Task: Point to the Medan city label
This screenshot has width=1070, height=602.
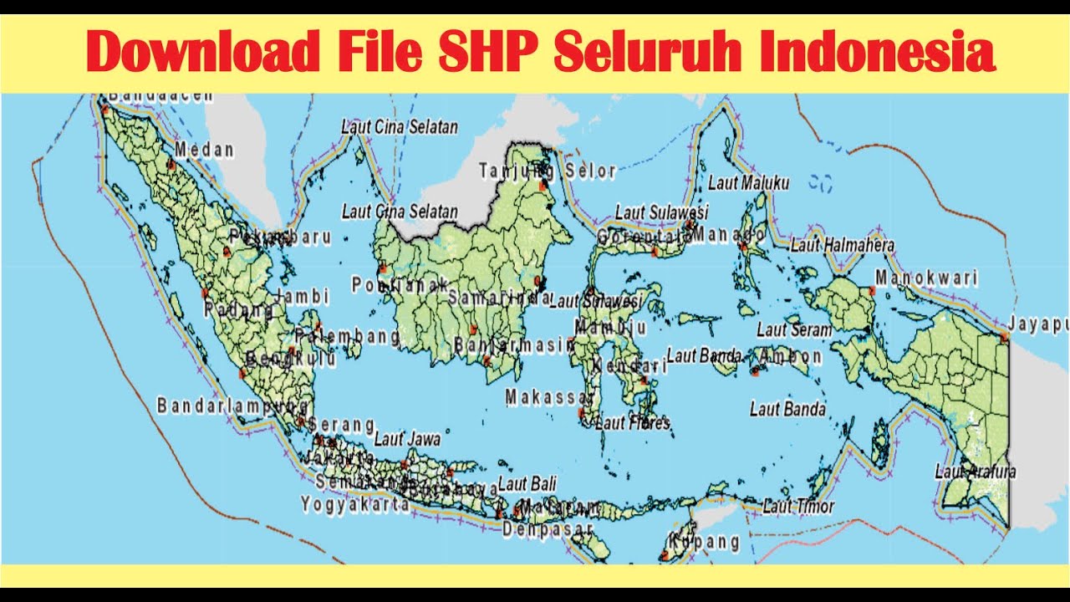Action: tap(204, 150)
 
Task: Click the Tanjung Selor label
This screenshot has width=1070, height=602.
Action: tap(548, 171)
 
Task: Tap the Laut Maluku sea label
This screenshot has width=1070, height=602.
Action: tap(749, 182)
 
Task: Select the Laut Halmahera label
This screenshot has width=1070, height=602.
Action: tap(843, 246)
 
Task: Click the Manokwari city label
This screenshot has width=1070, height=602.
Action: tap(926, 278)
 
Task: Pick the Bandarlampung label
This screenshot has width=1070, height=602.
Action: tap(232, 406)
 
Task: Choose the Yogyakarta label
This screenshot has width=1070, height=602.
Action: tap(356, 504)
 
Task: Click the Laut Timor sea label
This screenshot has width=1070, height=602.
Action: tap(798, 506)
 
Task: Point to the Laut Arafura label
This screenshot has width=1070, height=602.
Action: tap(976, 472)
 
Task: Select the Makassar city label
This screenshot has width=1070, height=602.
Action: tap(548, 397)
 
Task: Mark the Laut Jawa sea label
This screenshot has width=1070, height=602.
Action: tap(407, 438)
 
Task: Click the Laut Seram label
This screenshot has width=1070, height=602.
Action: tap(794, 330)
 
